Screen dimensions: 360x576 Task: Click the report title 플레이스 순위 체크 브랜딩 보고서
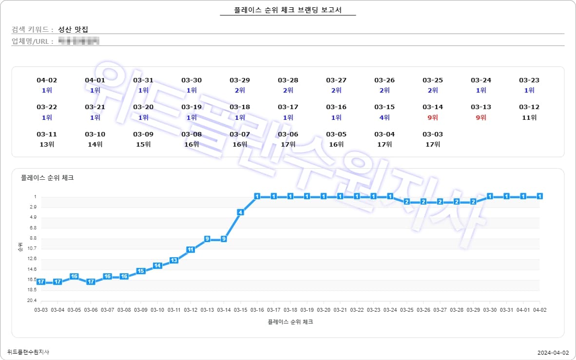click(x=288, y=10)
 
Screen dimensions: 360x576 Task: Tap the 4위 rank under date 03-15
click(x=384, y=117)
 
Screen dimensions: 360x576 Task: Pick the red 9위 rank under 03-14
click(x=433, y=117)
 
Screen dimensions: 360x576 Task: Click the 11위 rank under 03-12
click(x=529, y=117)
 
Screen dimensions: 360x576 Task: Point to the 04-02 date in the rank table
click(x=47, y=80)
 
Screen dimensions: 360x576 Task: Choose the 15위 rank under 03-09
click(x=143, y=144)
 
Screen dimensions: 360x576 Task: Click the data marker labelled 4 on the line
click(x=240, y=212)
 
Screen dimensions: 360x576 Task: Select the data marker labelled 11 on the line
click(x=191, y=249)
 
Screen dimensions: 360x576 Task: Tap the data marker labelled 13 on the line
click(x=174, y=260)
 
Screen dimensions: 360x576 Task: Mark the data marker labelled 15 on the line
click(x=141, y=271)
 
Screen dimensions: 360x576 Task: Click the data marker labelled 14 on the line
click(x=157, y=265)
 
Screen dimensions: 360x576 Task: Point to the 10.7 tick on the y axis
click(x=32, y=248)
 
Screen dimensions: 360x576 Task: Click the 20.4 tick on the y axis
click(x=32, y=301)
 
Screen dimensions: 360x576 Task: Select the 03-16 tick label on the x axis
click(x=257, y=310)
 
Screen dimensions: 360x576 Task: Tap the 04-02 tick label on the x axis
click(x=539, y=310)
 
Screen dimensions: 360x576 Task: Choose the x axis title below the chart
click(x=290, y=322)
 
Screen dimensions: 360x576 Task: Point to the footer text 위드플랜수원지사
click(x=28, y=352)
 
